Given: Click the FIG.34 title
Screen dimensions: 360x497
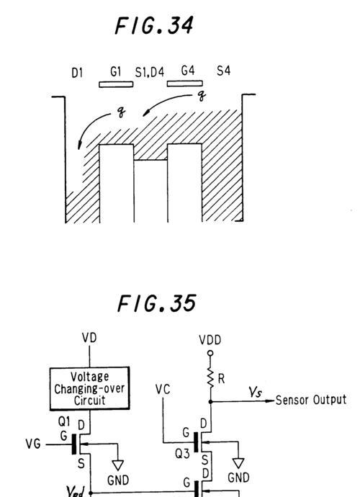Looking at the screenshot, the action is [154, 25].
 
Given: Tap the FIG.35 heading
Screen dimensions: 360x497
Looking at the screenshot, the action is [156, 303].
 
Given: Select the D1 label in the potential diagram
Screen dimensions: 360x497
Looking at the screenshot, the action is [77, 73].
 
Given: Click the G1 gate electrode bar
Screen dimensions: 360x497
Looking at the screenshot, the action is [116, 84].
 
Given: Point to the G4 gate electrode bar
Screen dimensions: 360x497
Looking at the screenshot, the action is [185, 84].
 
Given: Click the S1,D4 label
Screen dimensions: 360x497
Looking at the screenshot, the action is [150, 73].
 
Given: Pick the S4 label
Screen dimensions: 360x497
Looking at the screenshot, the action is [223, 71].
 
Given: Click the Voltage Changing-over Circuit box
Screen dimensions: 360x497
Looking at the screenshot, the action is [90, 389].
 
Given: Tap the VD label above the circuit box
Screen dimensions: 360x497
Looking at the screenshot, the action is [89, 338].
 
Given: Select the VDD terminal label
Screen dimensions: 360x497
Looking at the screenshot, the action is [210, 340].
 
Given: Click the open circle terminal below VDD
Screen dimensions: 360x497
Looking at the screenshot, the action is [210, 353].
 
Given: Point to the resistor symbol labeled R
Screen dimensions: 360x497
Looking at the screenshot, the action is [210, 378].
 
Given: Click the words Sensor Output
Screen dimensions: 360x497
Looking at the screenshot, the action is [311, 400].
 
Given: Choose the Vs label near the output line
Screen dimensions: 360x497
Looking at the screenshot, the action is [255, 393].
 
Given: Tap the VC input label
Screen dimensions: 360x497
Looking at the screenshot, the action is [163, 389].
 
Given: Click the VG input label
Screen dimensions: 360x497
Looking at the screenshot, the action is [33, 444].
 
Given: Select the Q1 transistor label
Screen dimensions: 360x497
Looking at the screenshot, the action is [64, 421].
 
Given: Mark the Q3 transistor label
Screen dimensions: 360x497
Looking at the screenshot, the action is [182, 455].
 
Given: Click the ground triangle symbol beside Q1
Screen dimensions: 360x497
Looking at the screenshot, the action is [118, 465].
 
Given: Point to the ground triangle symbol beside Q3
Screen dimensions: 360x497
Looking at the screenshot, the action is [238, 463].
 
